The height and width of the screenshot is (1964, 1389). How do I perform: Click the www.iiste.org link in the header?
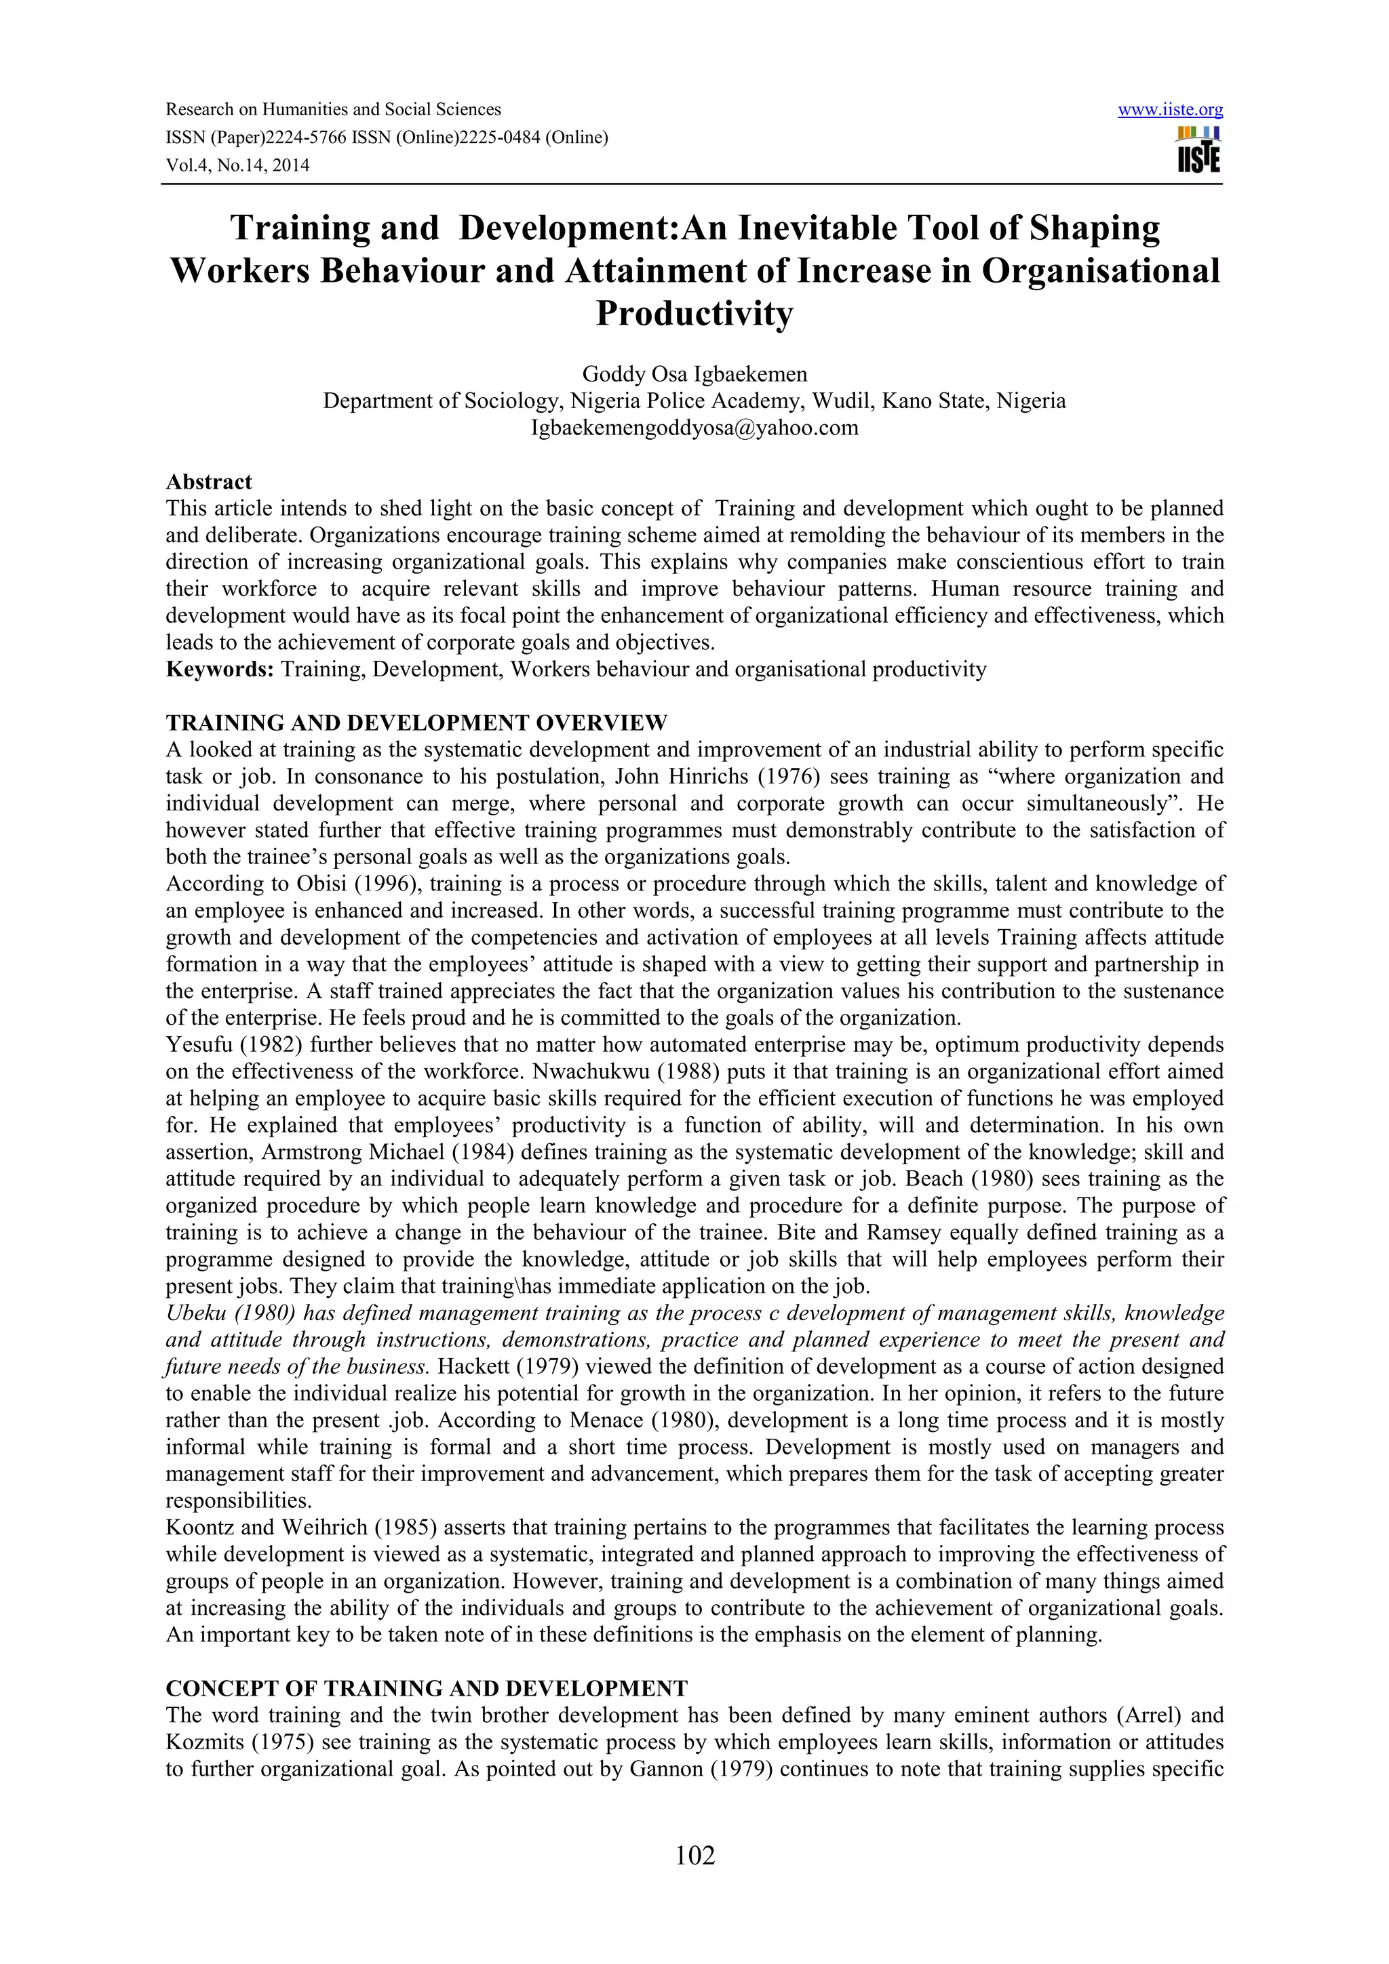tap(1170, 110)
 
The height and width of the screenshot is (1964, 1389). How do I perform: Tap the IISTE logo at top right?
tap(1199, 150)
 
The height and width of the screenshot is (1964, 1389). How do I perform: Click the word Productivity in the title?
tap(694, 314)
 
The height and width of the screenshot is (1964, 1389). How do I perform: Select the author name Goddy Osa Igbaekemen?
tap(694, 374)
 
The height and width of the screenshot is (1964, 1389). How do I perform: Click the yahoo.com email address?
tap(694, 428)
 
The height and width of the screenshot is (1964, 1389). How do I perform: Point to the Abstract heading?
tap(209, 482)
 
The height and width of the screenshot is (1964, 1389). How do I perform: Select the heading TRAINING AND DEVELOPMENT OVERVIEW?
tap(416, 723)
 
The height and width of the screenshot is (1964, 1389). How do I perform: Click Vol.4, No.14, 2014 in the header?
tap(237, 165)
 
